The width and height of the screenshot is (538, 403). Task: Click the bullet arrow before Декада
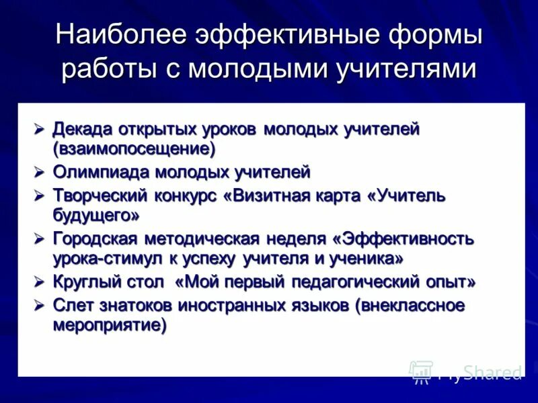tap(40, 128)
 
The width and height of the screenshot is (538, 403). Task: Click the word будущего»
tap(96, 215)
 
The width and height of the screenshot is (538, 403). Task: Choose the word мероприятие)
tap(110, 324)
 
